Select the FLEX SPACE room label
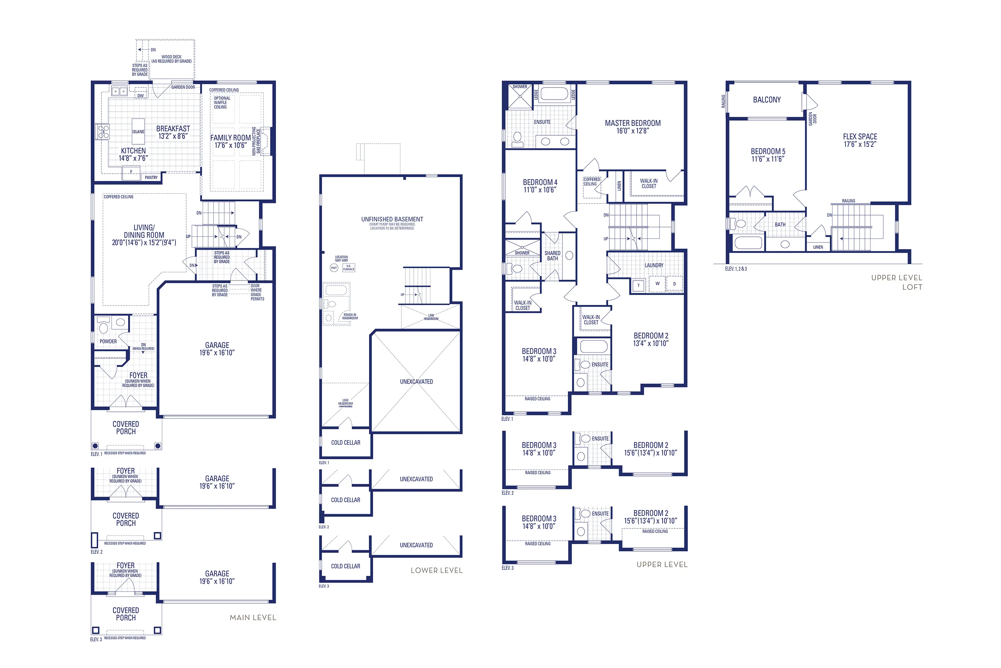[860, 136]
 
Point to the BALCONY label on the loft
[766, 100]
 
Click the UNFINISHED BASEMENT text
[392, 219]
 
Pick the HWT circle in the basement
[334, 268]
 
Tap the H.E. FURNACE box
[349, 268]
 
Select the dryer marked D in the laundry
[674, 284]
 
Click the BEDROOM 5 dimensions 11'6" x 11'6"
[767, 159]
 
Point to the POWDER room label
[108, 341]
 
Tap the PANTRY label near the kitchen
[151, 177]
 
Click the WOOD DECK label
[171, 57]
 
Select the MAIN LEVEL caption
[253, 617]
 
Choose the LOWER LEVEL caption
[436, 570]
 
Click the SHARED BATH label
[553, 256]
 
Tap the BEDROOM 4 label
[540, 182]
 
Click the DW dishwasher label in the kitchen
[140, 96]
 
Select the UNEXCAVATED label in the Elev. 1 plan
[416, 381]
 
